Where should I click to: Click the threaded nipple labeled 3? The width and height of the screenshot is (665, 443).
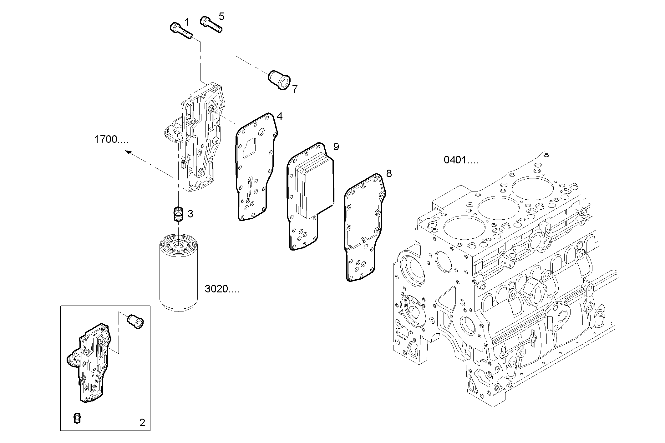click(x=178, y=214)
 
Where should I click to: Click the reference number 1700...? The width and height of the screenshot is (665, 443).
click(x=111, y=139)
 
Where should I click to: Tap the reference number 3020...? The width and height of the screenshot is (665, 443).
click(x=221, y=289)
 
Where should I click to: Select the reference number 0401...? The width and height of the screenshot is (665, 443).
click(x=460, y=160)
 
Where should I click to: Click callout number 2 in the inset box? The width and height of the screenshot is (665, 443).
click(x=142, y=423)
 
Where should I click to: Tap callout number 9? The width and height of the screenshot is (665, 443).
click(x=336, y=147)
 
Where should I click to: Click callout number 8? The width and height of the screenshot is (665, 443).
click(x=389, y=174)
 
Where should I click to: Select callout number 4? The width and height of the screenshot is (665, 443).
click(x=280, y=117)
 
